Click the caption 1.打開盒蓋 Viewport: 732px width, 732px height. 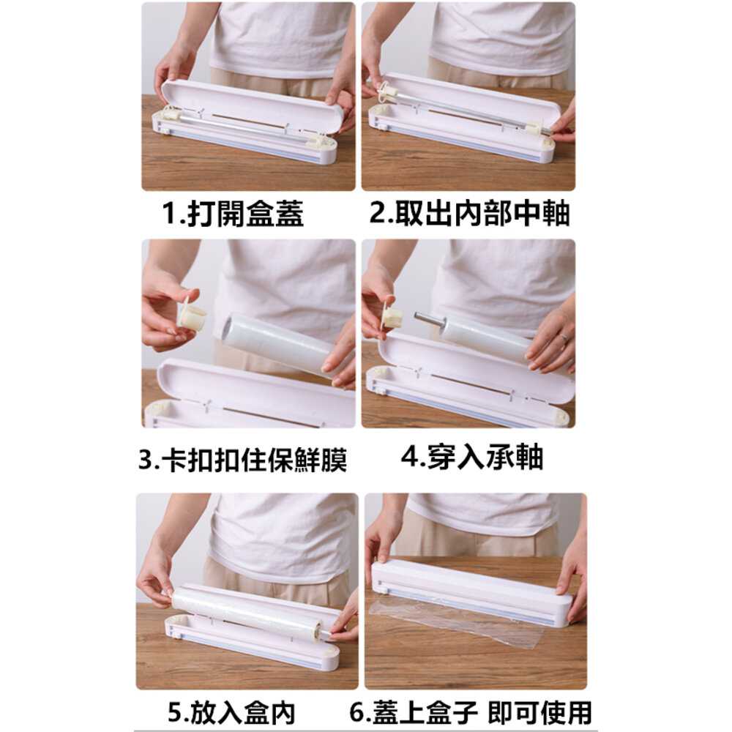(x=233, y=213)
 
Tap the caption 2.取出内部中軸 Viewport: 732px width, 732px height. (x=469, y=213)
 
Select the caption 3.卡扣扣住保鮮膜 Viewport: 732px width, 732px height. (x=243, y=460)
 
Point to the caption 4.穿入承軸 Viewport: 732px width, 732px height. (x=472, y=457)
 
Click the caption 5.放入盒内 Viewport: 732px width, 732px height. (x=232, y=712)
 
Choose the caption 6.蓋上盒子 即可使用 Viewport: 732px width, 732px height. (x=471, y=712)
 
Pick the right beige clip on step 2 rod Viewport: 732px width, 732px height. (x=534, y=127)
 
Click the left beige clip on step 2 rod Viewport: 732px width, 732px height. (x=387, y=89)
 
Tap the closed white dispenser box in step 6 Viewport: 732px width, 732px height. (x=471, y=592)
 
